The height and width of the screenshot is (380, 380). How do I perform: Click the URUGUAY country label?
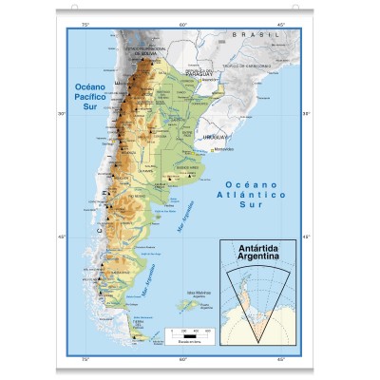tap(216, 135)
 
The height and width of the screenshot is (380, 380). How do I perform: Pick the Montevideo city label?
tap(222, 149)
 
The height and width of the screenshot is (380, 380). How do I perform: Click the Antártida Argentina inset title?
tap(257, 253)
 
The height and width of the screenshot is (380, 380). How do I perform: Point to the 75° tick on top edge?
tap(85, 23)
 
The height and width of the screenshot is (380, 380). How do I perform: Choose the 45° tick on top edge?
tap(281, 23)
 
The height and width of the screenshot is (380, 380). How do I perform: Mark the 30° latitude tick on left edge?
tap(63, 114)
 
